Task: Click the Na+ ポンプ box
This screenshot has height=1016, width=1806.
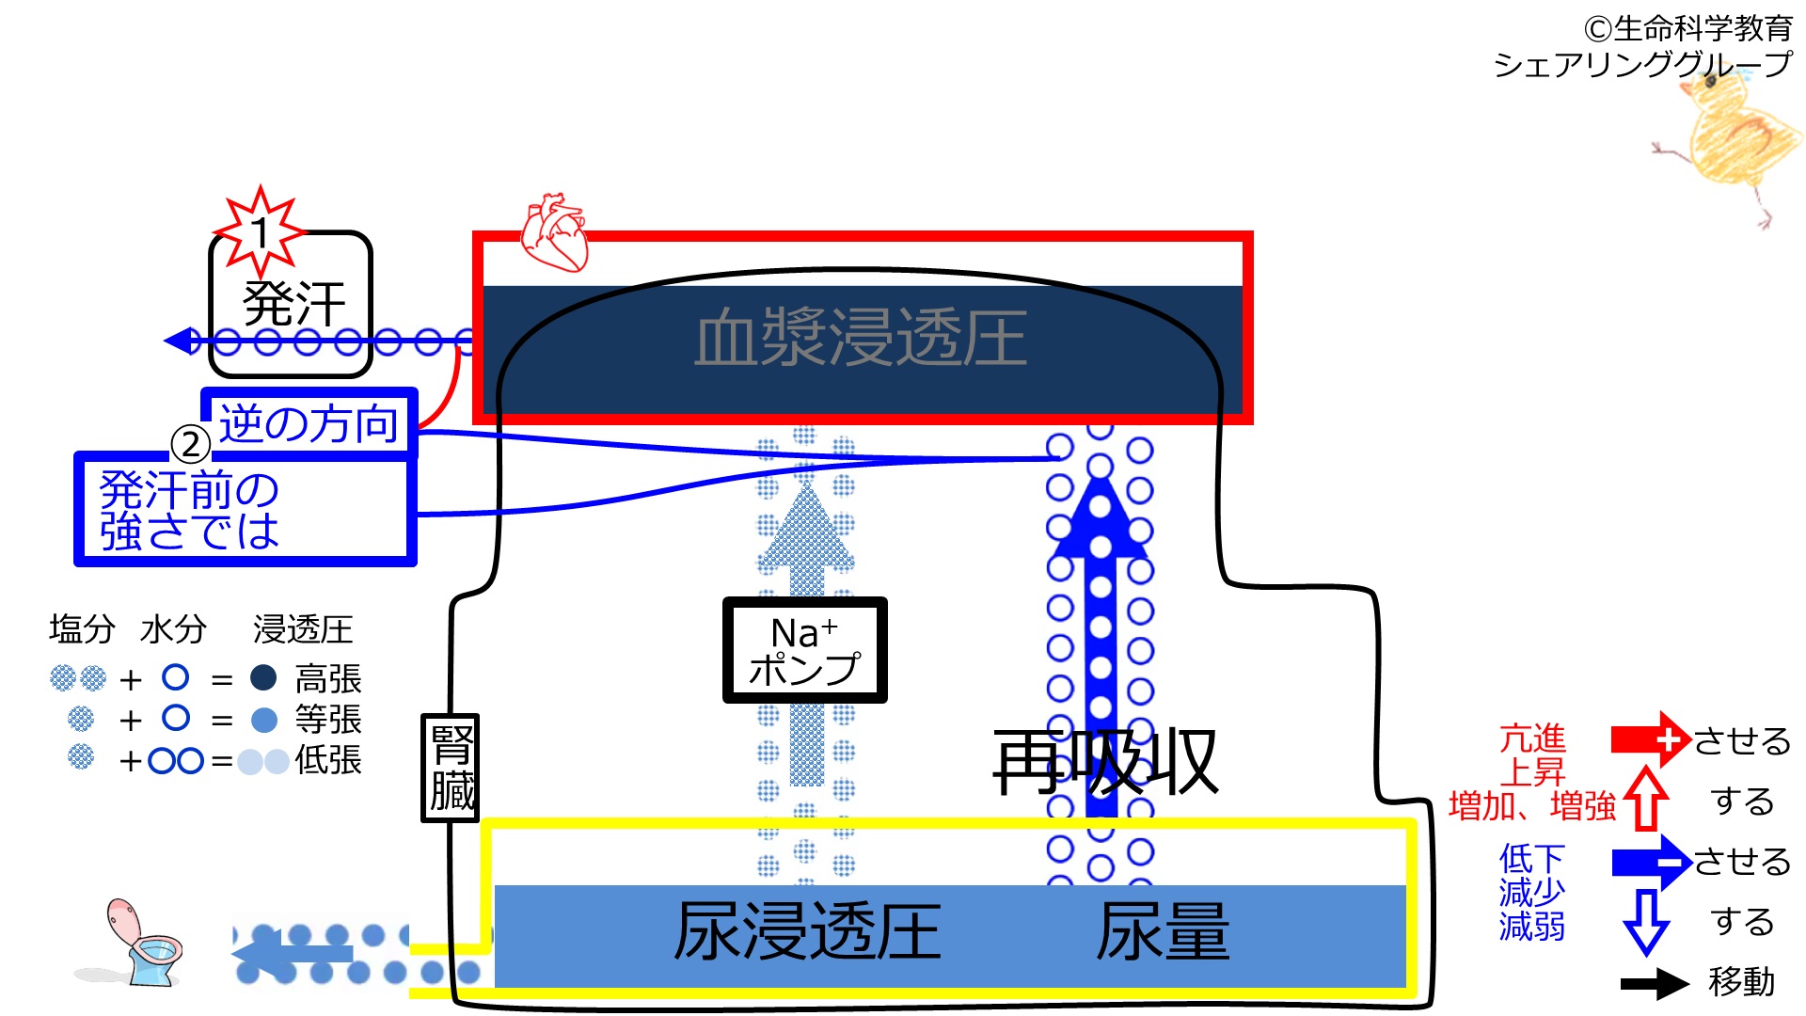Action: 804,650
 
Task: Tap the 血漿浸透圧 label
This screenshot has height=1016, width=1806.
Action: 861,338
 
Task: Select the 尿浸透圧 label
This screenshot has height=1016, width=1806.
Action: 807,931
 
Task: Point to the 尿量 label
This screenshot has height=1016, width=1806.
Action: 1163,931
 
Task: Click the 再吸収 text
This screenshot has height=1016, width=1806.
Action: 1106,762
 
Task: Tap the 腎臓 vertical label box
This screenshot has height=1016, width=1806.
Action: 451,768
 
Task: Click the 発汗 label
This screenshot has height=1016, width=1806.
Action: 293,304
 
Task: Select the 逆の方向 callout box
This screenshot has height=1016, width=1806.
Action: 309,423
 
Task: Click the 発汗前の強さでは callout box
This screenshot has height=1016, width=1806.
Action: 245,510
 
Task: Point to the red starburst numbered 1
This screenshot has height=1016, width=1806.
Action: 260,230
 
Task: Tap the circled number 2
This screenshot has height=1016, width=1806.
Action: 190,444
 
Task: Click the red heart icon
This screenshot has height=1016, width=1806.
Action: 555,232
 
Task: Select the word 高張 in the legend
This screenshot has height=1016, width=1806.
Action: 328,679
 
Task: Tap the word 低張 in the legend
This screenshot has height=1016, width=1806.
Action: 328,760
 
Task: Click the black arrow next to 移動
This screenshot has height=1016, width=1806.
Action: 1654,984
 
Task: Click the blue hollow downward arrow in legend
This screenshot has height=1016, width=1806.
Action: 1645,921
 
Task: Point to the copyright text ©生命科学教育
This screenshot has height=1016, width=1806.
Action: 1687,29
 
